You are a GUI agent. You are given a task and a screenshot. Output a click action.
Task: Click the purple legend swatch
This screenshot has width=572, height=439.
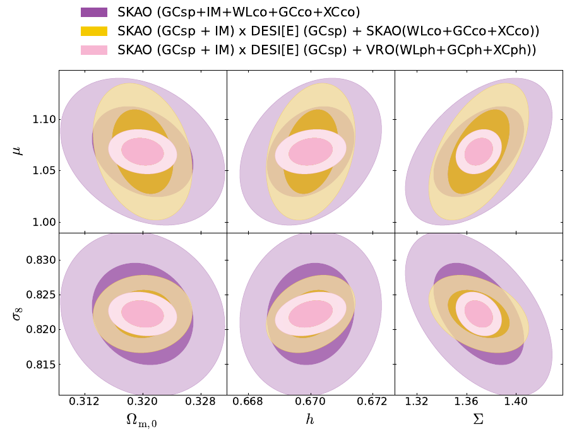click(94, 11)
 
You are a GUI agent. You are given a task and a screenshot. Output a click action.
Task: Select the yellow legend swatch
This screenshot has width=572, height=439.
click(94, 31)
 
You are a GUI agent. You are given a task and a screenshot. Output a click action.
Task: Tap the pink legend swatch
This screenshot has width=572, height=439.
click(94, 50)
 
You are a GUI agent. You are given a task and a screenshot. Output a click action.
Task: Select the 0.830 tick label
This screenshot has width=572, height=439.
click(40, 260)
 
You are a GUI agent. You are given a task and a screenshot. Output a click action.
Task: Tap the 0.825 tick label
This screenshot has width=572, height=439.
click(40, 295)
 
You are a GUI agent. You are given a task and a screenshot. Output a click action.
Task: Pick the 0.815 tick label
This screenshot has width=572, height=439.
click(40, 365)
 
